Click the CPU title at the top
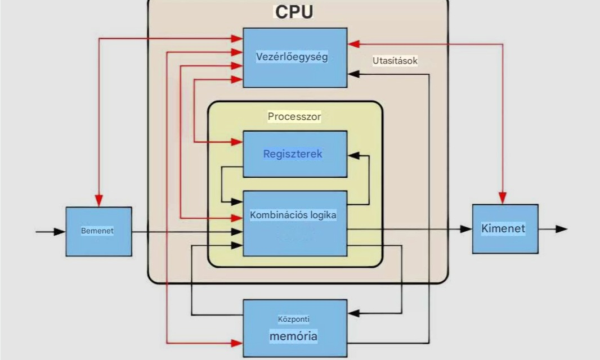click(x=293, y=12)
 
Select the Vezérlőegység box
click(x=294, y=57)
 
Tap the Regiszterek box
click(x=294, y=154)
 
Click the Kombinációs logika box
click(x=294, y=224)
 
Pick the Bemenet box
click(x=98, y=231)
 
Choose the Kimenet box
click(x=505, y=229)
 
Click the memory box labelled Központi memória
click(x=294, y=328)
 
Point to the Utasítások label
click(x=395, y=61)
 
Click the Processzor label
click(x=294, y=117)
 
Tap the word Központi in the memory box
click(x=294, y=319)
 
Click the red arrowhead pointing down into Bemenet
click(x=98, y=201)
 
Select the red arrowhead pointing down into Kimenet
click(x=502, y=198)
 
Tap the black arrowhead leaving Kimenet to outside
click(x=561, y=229)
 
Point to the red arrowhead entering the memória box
click(x=238, y=341)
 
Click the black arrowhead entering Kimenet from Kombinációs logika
click(x=465, y=229)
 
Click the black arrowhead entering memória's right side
click(x=353, y=313)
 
